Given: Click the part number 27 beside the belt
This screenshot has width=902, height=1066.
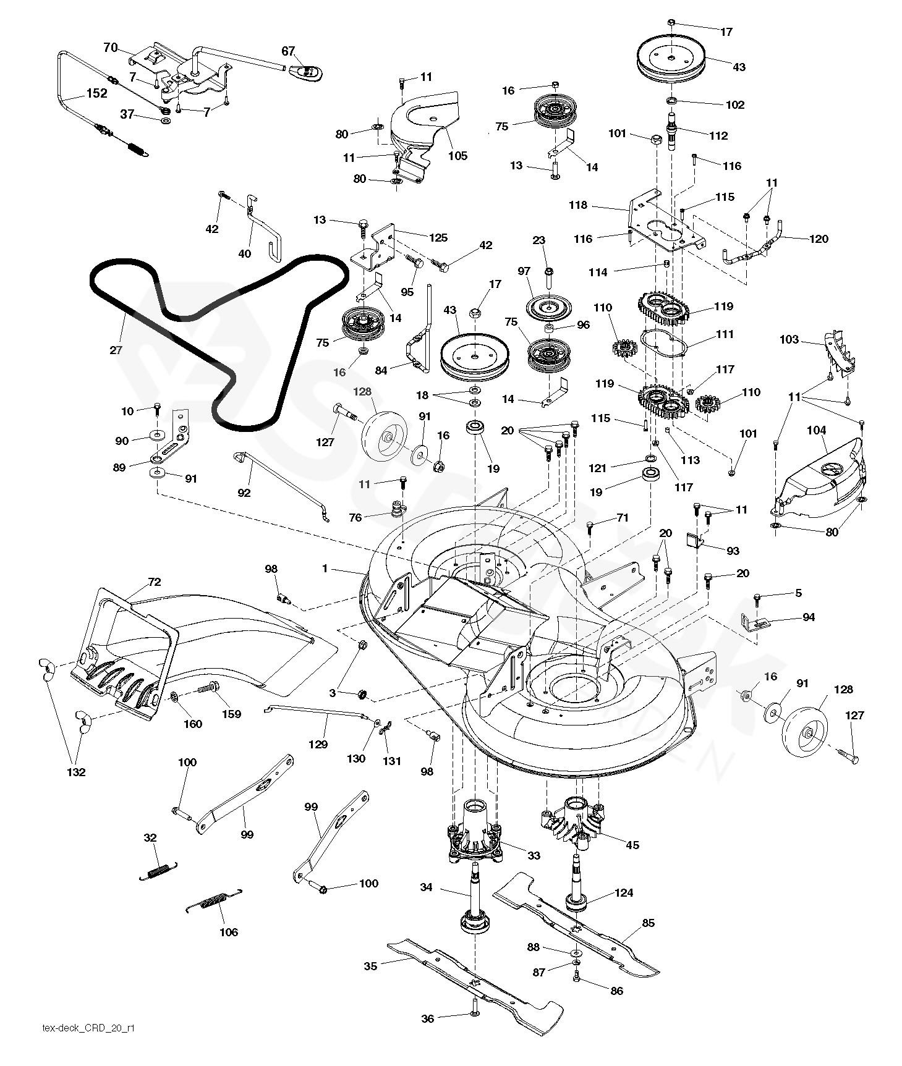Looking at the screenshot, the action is [x=116, y=350].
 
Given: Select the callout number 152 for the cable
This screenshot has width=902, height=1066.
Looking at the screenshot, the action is [x=96, y=93].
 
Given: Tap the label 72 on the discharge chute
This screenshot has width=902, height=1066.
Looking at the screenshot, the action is [x=154, y=582].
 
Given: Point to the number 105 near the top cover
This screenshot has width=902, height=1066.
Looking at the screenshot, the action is [x=457, y=156].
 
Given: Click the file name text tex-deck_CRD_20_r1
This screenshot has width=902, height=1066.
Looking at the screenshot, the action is [x=88, y=1028].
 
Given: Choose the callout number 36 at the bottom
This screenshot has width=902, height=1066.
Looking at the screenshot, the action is [x=428, y=1019].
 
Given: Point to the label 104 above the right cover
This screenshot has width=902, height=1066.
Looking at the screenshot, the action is [x=815, y=430].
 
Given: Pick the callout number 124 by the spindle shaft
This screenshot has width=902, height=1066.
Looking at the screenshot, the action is [x=624, y=893].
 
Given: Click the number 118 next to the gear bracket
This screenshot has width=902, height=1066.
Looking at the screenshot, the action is [x=578, y=205].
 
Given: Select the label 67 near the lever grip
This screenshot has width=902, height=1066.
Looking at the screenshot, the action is [x=289, y=51].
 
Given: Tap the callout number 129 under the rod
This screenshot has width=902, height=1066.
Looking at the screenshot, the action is [x=318, y=745].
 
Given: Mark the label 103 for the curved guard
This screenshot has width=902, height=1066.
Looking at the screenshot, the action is [x=789, y=339].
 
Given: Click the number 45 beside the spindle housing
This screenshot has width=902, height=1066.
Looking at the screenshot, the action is [x=632, y=845].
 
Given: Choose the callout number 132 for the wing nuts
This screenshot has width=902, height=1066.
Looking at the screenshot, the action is [x=77, y=772].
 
